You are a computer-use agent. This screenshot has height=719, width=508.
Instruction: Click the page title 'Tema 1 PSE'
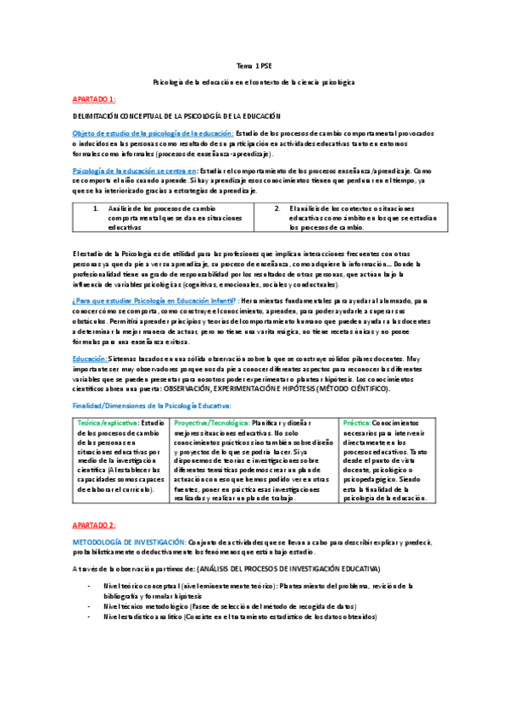tap(254, 65)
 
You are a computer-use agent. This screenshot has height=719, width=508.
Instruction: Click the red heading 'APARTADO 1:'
tap(94, 98)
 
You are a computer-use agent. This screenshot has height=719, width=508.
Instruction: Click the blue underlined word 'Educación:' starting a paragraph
tap(89, 359)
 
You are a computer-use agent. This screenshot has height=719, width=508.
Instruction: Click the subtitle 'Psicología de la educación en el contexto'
tap(254, 81)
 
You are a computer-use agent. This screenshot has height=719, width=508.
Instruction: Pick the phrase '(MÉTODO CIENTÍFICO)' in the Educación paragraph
tap(366, 388)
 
